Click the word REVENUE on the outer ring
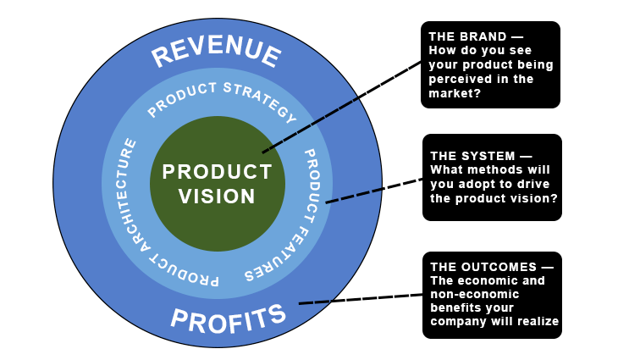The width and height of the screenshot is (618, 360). point(216,53)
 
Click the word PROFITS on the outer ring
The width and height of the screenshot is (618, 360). point(228,318)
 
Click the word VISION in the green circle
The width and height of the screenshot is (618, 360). point(218,196)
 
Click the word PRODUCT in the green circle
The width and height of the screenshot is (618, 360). point(218,172)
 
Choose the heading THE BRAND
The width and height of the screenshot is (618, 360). point(466,37)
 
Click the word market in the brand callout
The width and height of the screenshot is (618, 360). point(454,92)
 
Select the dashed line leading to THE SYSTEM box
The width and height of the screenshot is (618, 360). point(373,191)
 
